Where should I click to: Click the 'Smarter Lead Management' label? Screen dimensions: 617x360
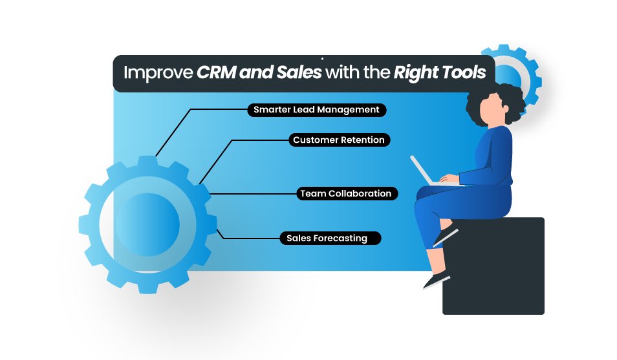317,110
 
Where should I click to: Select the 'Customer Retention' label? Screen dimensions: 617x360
339,140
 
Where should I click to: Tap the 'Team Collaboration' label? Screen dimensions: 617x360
347,194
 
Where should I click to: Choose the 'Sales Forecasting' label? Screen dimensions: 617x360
330,238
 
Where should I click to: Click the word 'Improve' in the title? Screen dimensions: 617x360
158,73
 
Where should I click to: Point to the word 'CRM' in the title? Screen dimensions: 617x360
215,72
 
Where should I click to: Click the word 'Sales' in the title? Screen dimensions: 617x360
299,72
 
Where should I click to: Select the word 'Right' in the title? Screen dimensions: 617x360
415,73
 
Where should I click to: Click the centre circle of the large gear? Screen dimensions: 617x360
147,225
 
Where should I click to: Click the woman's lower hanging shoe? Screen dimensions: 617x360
436,280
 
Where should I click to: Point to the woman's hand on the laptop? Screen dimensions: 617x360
449,179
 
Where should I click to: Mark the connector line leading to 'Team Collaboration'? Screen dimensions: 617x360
253,194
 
